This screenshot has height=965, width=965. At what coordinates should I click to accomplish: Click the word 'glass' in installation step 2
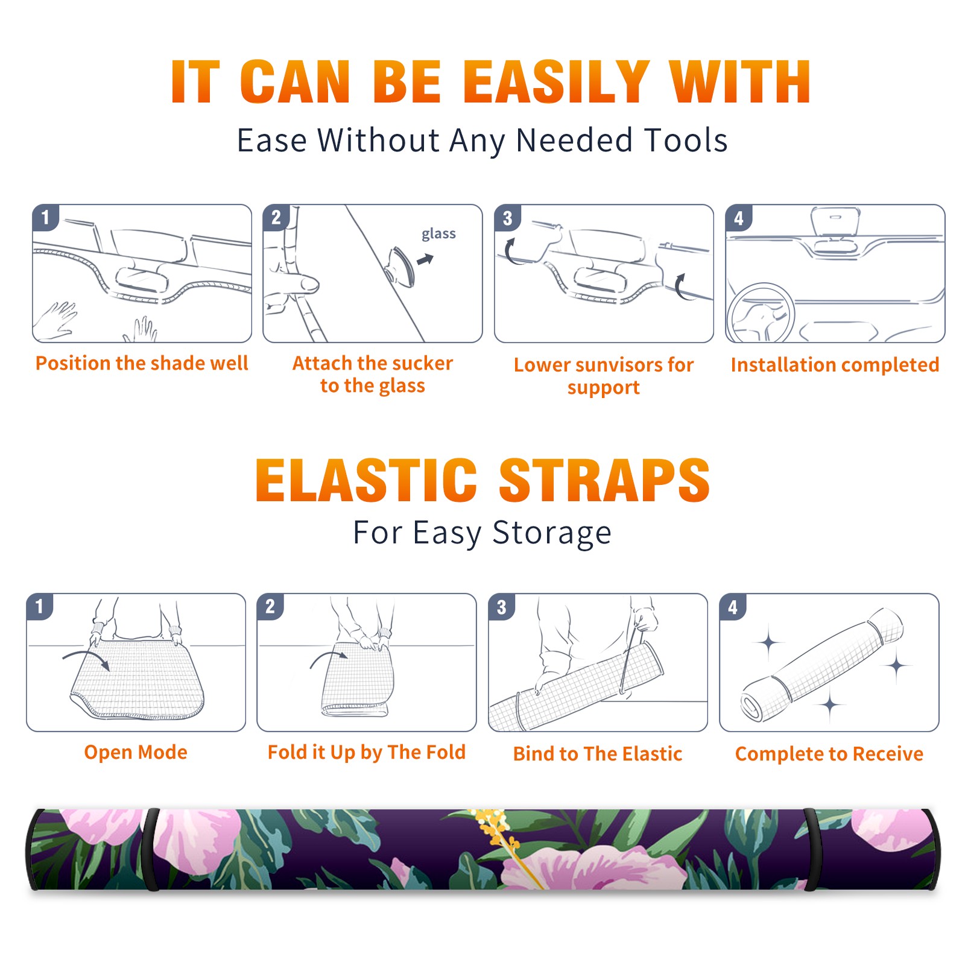(x=438, y=233)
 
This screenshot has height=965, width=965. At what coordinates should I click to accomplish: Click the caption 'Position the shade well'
(x=142, y=363)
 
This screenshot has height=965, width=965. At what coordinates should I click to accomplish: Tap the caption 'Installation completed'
(x=835, y=364)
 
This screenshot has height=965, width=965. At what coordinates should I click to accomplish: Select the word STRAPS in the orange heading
(x=604, y=480)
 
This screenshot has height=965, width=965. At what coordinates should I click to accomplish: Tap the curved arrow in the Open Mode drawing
(x=86, y=659)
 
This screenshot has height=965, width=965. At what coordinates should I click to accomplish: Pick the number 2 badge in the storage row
(x=270, y=607)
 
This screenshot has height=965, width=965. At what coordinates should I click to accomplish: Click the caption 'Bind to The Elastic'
(x=598, y=753)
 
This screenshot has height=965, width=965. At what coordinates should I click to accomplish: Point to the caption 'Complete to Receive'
(x=829, y=753)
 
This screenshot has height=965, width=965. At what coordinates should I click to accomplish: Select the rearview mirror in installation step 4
(x=835, y=223)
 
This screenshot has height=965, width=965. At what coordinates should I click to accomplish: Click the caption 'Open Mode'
(x=136, y=752)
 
